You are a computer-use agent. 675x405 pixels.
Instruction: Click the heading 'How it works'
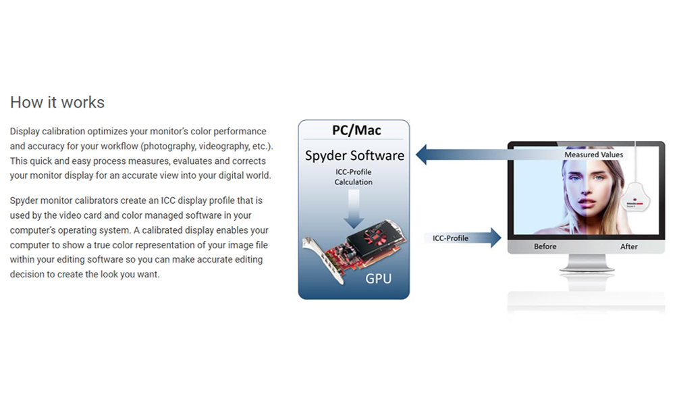click(x=57, y=103)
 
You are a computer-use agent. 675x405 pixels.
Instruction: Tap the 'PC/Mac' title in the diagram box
click(x=356, y=130)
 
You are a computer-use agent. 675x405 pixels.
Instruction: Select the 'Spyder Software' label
click(x=355, y=155)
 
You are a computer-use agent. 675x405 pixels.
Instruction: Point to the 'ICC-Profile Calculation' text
click(x=354, y=177)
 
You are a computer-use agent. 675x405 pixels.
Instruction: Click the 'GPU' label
click(x=379, y=279)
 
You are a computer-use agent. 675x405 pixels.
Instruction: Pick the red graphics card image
click(x=354, y=250)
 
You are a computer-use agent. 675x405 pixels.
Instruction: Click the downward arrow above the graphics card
click(x=354, y=209)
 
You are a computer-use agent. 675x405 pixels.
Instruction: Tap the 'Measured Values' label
click(x=593, y=155)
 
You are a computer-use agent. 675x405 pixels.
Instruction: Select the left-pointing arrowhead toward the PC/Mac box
click(x=421, y=155)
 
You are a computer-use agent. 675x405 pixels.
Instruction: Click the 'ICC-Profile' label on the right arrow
click(x=450, y=238)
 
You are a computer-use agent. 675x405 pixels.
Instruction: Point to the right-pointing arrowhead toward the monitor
click(x=496, y=238)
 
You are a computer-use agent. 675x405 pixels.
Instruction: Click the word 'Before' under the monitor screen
click(x=545, y=246)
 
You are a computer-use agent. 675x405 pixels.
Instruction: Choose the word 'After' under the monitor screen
click(x=629, y=246)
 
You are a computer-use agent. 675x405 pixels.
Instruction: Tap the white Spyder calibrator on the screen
click(x=635, y=197)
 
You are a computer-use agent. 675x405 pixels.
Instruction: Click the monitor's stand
click(x=587, y=263)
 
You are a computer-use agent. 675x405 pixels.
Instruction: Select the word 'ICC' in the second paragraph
click(x=168, y=200)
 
